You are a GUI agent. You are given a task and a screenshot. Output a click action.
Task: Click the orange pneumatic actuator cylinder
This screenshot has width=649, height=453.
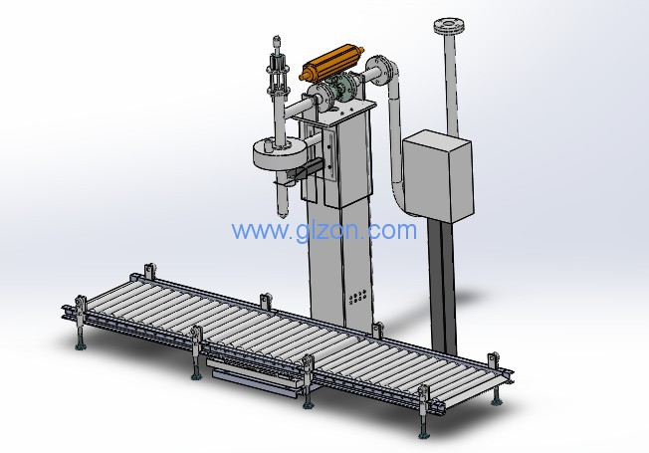coord(332,64)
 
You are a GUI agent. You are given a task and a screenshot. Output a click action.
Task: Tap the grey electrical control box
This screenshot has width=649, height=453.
coord(439,175)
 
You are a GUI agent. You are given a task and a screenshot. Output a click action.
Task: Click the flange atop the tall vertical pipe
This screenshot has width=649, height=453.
coord(449,26)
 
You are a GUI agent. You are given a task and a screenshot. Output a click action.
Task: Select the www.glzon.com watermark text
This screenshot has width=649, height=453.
coord(324,230)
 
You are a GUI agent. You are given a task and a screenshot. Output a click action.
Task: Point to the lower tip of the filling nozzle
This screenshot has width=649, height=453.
coord(284,215)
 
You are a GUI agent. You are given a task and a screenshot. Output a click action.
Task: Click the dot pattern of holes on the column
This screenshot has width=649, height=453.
coord(357,297)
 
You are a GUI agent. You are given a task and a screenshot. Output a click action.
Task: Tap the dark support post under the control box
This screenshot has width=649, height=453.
coord(443,286)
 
